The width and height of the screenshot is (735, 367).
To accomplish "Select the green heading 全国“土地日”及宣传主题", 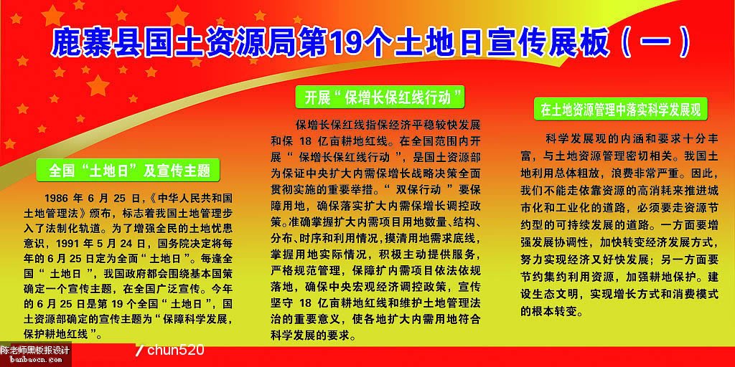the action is click(129, 171).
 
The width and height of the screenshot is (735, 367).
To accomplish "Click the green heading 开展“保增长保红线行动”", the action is click(380, 97).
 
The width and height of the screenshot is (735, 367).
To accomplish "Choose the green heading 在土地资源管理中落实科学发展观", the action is click(621, 111).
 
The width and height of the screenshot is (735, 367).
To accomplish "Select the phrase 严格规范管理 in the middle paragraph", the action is click(301, 271).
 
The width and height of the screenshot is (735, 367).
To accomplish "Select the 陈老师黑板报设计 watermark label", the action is click(35, 350).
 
